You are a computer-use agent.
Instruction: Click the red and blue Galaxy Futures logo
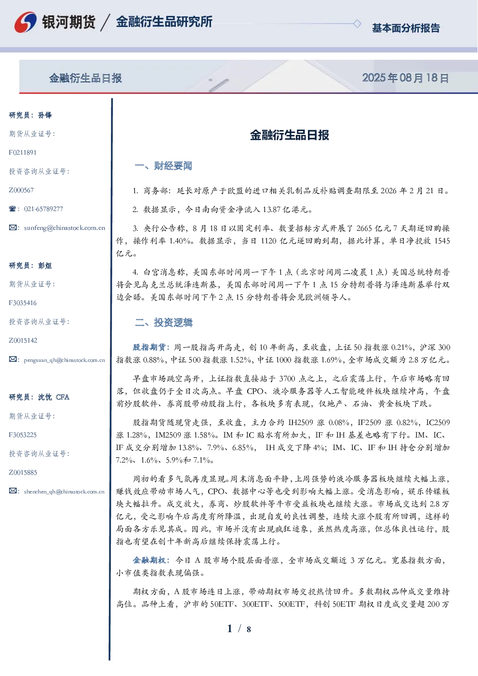[x=26, y=22]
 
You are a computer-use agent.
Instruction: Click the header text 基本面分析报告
[x=406, y=28]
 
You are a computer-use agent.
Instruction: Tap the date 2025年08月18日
[x=405, y=78]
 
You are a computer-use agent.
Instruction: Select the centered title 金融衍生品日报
[x=290, y=135]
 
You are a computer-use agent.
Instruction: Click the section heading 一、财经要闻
[x=163, y=166]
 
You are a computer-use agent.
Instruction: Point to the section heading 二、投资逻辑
[x=163, y=323]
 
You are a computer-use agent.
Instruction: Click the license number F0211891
[x=23, y=152]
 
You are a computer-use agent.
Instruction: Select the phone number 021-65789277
[x=43, y=209]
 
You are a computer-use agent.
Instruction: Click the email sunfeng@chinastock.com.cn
[x=65, y=228]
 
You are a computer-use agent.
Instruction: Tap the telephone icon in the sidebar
[x=13, y=209]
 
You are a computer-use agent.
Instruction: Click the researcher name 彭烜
[x=45, y=265]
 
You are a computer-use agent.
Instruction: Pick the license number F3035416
[x=23, y=303]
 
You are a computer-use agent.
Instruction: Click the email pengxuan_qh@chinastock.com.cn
[x=64, y=360]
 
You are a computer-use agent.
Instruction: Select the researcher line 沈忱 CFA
[x=53, y=397]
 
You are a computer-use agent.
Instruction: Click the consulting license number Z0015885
[x=23, y=473]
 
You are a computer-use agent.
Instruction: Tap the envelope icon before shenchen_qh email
[x=13, y=491]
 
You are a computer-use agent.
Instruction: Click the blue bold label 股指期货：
[x=152, y=347]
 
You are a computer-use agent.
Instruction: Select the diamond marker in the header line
[x=357, y=24]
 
